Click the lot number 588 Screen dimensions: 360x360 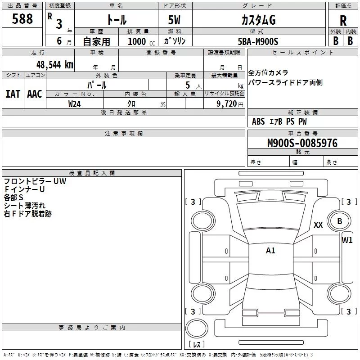(x=23, y=19)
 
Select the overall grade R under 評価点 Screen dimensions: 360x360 (x=343, y=20)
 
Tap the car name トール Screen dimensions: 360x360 (x=116, y=20)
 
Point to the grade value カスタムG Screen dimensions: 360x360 (x=258, y=20)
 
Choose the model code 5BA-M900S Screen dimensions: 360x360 (x=258, y=41)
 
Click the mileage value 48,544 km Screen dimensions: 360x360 (x=54, y=64)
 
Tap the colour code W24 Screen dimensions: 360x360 (x=75, y=104)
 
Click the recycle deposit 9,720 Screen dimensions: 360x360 (x=226, y=104)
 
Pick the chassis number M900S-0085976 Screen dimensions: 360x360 (x=302, y=143)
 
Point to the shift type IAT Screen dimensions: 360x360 (x=13, y=94)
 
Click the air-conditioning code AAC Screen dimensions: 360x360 (x=34, y=94)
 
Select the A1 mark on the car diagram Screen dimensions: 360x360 (x=270, y=251)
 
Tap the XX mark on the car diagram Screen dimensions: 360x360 (x=318, y=225)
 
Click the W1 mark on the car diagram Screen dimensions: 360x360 (x=347, y=240)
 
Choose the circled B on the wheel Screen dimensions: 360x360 (x=339, y=221)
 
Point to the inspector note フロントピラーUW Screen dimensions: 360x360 (x=35, y=181)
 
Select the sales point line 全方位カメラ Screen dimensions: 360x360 (x=268, y=73)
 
